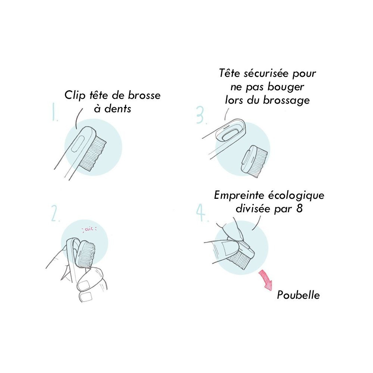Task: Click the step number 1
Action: click(55, 112)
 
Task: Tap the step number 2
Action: click(55, 214)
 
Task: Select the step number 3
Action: click(201, 115)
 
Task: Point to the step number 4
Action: click(202, 213)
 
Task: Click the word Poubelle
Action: click(298, 295)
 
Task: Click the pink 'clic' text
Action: click(89, 229)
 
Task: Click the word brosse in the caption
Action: click(144, 95)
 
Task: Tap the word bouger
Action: click(286, 87)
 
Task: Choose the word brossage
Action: click(286, 100)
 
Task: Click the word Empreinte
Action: click(239, 195)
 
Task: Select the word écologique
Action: click(296, 195)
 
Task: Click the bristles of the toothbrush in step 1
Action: click(94, 153)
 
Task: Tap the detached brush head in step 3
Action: click(254, 159)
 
